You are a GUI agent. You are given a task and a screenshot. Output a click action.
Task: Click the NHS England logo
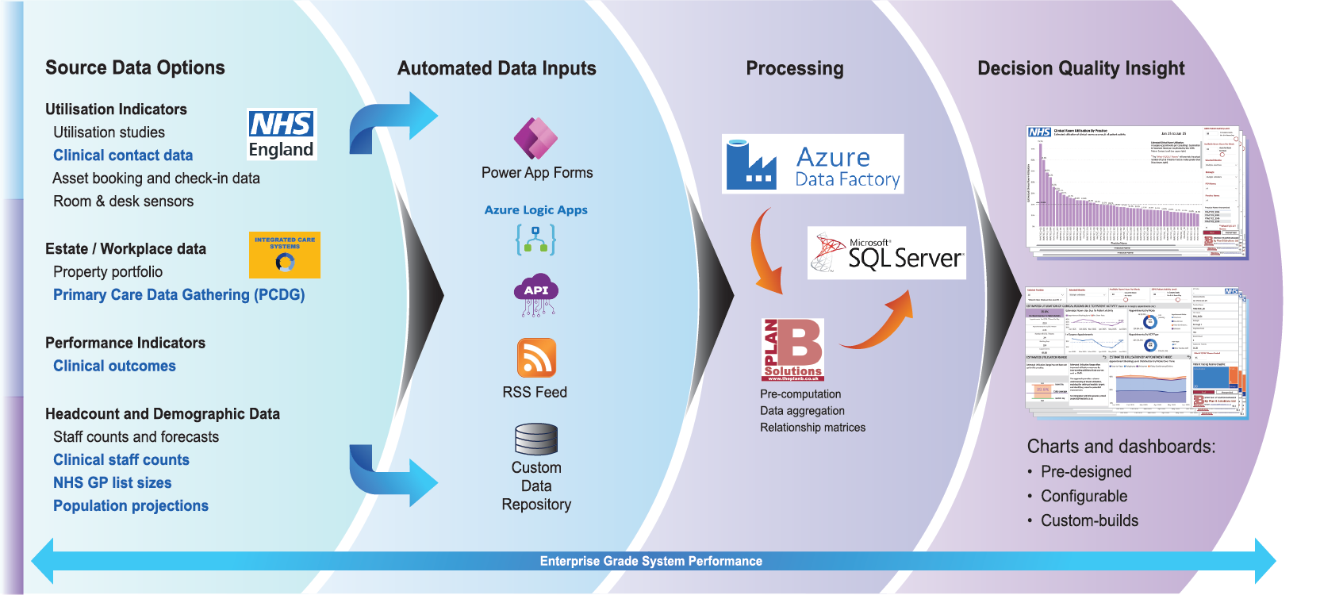pos(282,135)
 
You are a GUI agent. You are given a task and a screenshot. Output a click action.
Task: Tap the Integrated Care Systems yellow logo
pos(284,255)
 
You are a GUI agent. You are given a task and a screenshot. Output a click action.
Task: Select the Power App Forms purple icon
pos(535,138)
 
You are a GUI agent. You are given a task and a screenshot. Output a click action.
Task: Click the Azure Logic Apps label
pos(535,210)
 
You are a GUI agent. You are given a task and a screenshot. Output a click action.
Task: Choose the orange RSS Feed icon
pos(536,358)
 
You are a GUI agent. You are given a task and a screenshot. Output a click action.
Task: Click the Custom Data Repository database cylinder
pos(536,439)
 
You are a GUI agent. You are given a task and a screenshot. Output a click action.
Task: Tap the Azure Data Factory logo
pos(812,164)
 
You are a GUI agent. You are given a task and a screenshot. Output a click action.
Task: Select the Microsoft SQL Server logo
pos(886,253)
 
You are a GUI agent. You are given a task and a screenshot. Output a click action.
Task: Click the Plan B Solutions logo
pos(792,350)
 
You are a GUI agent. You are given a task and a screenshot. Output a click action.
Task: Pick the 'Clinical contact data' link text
pos(123,155)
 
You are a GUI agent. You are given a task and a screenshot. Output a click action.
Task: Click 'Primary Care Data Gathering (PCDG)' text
pos(178,295)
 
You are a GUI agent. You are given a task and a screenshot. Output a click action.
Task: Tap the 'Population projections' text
pos(131,506)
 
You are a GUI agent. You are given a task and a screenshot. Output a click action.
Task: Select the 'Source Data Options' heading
pos(135,68)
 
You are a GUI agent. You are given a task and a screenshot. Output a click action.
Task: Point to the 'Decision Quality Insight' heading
pos(1080,69)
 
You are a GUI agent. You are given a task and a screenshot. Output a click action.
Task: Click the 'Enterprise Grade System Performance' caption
pos(650,562)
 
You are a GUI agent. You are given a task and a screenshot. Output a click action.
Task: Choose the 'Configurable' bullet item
pos(1084,497)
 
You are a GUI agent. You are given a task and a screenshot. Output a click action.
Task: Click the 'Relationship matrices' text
pos(812,428)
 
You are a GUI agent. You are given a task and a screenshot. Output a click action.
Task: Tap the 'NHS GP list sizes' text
pos(112,483)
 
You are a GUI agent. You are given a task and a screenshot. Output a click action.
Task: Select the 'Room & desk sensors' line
pos(123,202)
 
